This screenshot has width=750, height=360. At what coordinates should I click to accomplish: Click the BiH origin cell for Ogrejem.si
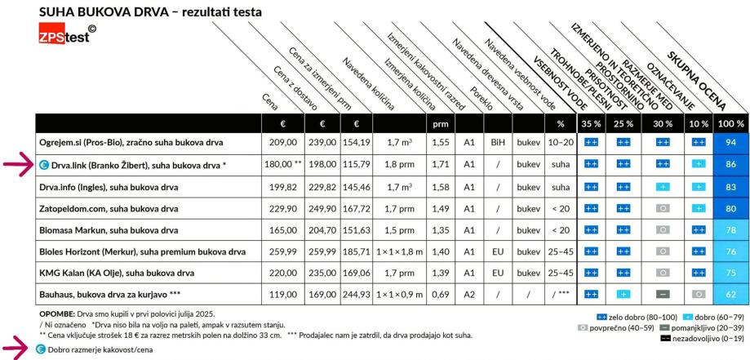(x=497, y=141)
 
